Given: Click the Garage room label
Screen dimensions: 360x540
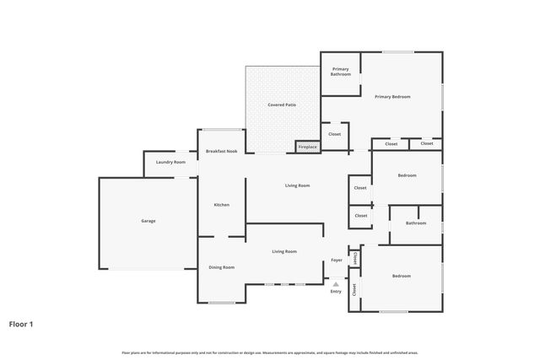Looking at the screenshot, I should [x=148, y=221].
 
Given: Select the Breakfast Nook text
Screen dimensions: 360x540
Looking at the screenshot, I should [x=220, y=151].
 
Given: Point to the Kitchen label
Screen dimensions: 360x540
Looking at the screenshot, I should [x=221, y=205].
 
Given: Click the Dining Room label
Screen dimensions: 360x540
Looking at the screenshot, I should [x=221, y=267].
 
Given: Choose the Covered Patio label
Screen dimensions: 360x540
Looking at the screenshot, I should [x=282, y=105].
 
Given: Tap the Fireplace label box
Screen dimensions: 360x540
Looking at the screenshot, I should [x=308, y=148].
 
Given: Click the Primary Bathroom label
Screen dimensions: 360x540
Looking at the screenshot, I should [x=341, y=72].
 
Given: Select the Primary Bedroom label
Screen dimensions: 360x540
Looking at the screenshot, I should [x=392, y=97].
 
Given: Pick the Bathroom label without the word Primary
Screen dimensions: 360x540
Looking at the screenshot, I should [x=415, y=223].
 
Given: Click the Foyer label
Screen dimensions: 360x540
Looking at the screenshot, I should [x=336, y=261].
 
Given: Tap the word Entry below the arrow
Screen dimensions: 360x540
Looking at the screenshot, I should [x=336, y=292].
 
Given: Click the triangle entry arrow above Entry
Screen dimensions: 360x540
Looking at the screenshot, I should [x=336, y=283].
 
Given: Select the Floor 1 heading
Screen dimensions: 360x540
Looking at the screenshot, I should [x=21, y=324].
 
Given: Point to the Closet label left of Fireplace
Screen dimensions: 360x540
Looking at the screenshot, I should [x=334, y=134].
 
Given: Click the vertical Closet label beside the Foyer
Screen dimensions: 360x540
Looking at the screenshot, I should [x=355, y=257].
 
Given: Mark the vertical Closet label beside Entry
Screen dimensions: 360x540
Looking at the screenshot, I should [x=354, y=290].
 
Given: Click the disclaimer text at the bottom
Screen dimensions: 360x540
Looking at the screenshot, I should [x=270, y=352].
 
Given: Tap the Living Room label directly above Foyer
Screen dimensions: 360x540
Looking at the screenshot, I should [x=283, y=251].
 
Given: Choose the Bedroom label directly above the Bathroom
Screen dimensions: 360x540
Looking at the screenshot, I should [x=407, y=175].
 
